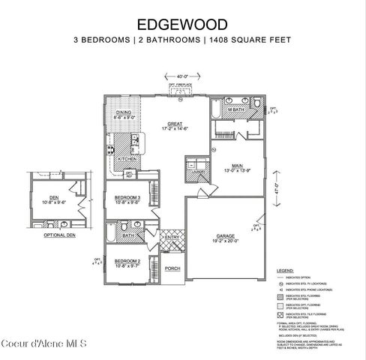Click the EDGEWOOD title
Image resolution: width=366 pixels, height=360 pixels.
pos(182,23)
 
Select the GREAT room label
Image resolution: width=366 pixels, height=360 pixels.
pos(173,124)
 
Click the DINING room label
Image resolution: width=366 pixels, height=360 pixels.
pos(123,113)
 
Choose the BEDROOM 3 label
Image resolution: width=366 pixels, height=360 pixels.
pos(124,196)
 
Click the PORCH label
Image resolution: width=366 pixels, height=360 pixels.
pos(172,268)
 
